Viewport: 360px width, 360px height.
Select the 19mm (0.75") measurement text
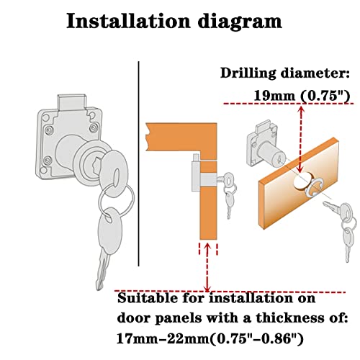[296, 94]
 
